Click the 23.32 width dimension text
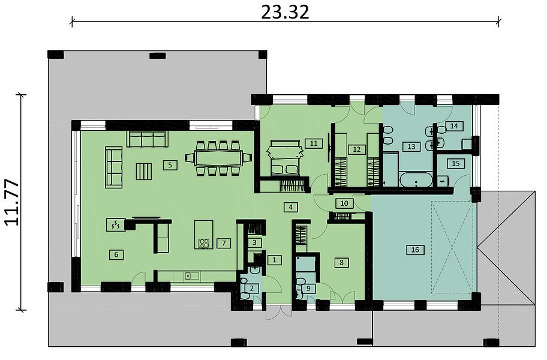[285, 12]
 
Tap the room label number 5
[170, 164]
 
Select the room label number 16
[415, 250]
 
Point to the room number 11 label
[313, 143]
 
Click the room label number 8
[341, 262]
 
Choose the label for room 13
[411, 146]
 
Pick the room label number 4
[290, 207]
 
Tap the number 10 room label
[344, 203]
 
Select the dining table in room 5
[218, 158]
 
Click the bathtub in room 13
[416, 179]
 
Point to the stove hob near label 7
[204, 243]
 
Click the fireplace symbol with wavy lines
[115, 224]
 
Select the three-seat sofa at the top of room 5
[147, 139]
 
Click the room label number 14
[453, 126]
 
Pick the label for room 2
[252, 288]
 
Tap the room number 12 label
[356, 149]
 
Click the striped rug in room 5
[143, 171]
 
